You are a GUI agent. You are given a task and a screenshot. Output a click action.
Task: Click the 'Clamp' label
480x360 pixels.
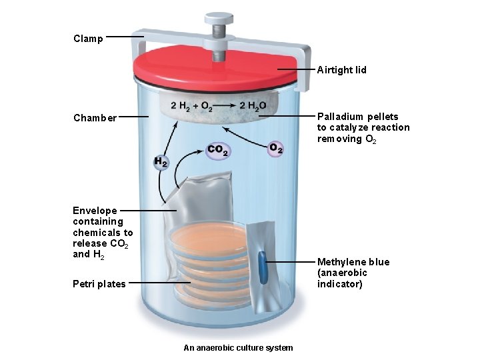coord(88,39)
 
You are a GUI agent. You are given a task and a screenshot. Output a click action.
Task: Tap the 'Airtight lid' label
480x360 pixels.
coord(341,70)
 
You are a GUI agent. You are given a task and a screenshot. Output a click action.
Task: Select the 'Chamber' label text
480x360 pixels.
coord(95,118)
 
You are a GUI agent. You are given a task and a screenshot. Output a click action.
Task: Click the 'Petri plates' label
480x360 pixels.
coord(99,284)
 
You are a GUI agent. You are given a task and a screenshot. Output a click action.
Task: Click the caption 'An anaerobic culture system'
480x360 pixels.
coord(238,348)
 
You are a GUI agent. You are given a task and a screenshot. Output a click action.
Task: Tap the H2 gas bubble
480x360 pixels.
coord(161,162)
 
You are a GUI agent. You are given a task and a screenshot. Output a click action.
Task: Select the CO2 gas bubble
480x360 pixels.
coord(218,151)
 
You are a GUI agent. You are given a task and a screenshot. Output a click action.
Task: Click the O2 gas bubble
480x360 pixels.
coord(275,149)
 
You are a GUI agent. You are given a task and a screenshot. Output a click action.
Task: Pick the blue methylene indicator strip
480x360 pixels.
coord(263,267)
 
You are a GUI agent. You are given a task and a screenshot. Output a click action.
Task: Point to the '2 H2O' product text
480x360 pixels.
coord(253,105)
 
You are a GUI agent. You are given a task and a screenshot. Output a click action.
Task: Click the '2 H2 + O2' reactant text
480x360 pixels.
coord(192,105)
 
